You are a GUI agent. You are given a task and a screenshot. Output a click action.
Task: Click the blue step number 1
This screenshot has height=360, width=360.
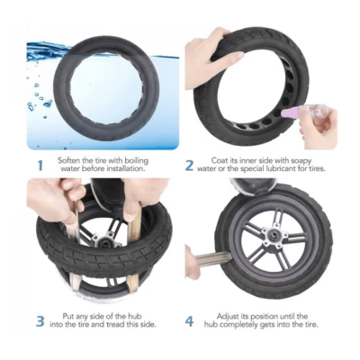coord(40,166)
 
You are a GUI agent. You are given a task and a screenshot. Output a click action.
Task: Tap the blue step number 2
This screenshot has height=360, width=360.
coord(189,166)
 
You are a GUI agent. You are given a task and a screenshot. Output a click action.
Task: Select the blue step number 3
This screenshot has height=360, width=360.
coord(40,321)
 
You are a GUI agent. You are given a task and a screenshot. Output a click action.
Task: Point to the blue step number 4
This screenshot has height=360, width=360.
coord(189,321)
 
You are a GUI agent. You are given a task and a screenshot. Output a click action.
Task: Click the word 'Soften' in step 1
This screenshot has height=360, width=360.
coord(68,160)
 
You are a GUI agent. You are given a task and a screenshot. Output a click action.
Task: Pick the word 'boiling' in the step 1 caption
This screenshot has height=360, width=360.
coord(137,161)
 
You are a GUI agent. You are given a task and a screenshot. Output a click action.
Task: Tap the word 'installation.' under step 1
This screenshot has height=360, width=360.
coord(125,168)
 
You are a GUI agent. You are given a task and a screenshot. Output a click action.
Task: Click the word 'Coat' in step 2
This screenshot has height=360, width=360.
coord(219,160)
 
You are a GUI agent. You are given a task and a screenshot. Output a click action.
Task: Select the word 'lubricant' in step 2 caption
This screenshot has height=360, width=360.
coord(281,168)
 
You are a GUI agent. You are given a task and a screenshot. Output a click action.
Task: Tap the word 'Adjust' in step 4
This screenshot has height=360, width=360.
coord(228,317)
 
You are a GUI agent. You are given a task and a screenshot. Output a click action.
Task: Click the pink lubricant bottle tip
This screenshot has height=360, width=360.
coord(283,113)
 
